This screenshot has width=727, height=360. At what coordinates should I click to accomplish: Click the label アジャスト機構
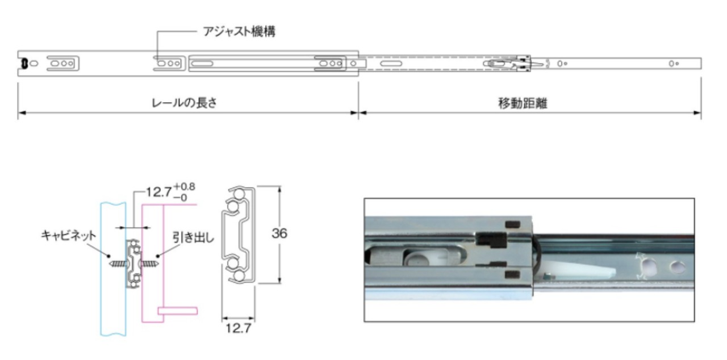(x=239, y=32)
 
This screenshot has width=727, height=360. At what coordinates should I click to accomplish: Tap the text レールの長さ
(x=184, y=103)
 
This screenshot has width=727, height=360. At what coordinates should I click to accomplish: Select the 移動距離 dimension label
(x=523, y=103)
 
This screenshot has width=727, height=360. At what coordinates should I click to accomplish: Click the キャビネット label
(x=69, y=235)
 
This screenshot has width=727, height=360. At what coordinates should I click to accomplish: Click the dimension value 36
(x=279, y=233)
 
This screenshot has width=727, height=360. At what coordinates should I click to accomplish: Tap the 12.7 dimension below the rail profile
(x=237, y=329)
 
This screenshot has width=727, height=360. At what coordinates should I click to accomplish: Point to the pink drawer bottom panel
(x=179, y=311)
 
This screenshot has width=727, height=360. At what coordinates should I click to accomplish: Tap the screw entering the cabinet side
(x=118, y=263)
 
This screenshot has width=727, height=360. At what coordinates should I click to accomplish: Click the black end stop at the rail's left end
(x=24, y=64)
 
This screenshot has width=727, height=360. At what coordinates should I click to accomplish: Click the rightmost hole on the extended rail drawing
(x=672, y=64)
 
